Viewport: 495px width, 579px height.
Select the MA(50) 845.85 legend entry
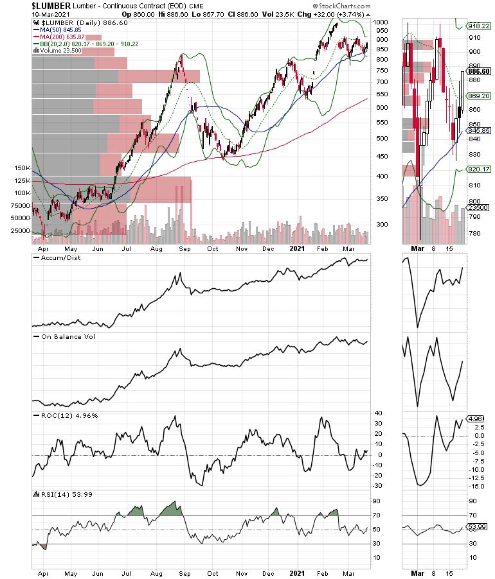coord(60,30)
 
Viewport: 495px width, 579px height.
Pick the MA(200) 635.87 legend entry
coord(62,37)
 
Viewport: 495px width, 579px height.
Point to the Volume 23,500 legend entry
coord(61,52)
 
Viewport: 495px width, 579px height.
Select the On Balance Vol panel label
coord(64,336)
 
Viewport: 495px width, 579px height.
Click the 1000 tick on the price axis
coord(382,22)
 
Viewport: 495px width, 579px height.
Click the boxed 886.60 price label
coord(480,71)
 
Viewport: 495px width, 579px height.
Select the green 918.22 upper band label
coord(480,26)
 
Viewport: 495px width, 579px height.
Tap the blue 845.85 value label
coord(480,130)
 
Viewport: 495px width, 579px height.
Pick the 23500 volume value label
coord(480,208)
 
